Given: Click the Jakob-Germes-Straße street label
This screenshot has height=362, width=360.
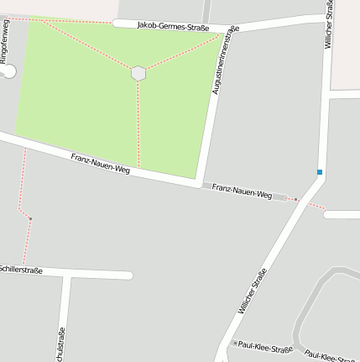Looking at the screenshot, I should (173, 25).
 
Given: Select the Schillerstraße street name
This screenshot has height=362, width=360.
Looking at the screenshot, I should (20, 270).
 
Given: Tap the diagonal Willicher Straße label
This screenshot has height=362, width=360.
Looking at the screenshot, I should (252, 291).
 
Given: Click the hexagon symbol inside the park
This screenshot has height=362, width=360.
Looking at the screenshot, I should (138, 73).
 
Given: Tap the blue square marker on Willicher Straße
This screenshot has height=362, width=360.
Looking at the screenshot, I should (320, 172).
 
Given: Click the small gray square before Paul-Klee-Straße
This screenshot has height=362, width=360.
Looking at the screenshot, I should (235, 343).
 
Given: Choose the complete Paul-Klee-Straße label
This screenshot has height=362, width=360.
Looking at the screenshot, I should (265, 347).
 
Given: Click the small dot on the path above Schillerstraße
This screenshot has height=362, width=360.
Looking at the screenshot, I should (30, 218).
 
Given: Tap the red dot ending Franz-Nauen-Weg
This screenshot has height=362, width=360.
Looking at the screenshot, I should (295, 199).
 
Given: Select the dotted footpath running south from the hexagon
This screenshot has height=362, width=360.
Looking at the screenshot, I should (138, 126).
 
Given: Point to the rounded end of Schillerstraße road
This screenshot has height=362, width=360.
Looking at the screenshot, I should (128, 275).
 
